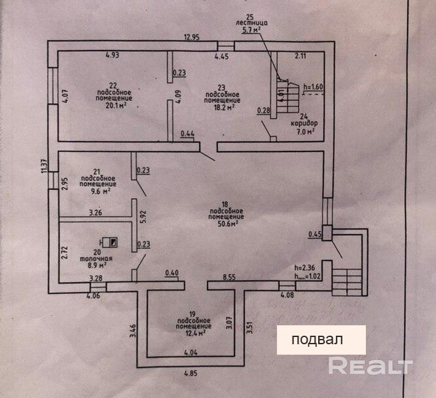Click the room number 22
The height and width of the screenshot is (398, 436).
pos(113,85)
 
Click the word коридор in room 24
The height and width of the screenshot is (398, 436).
pos(302,123)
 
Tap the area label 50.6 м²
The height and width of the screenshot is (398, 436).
pos(223,223)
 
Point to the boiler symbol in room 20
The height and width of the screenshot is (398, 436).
pos(113,241)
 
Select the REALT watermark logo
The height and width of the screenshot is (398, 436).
pos(370,365)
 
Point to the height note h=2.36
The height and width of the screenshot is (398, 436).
pos(306,267)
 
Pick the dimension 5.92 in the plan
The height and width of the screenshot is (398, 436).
pos(141,217)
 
